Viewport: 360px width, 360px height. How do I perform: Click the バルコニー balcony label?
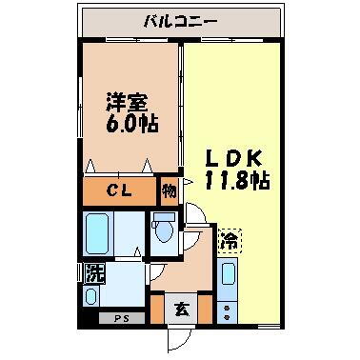point(180,19)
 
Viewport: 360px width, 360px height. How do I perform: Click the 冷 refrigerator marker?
point(229,241)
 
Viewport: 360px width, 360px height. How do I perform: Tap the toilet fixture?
point(163,230)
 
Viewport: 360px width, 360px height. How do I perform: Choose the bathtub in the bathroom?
point(99,233)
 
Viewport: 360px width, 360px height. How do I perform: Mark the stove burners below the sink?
point(229,310)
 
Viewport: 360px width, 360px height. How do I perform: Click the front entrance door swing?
point(178,338)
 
